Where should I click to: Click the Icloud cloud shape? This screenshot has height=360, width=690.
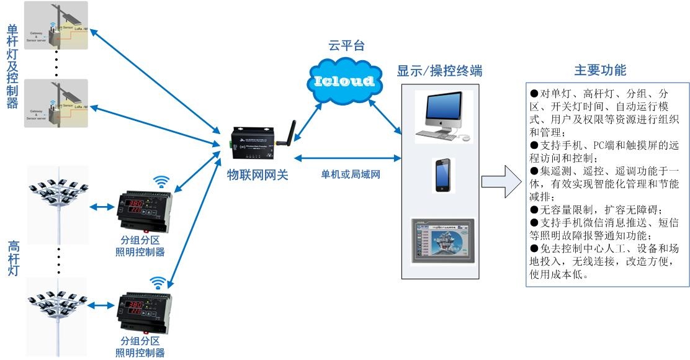click(344, 80)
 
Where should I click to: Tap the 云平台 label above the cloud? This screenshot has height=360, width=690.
click(346, 46)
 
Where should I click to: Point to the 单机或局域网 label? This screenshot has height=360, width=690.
click(350, 174)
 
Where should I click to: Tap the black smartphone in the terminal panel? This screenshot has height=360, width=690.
click(443, 175)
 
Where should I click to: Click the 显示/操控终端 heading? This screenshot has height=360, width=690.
click(439, 71)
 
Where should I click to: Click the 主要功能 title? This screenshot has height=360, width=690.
click(599, 70)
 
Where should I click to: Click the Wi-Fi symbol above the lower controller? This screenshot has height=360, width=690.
click(160, 283)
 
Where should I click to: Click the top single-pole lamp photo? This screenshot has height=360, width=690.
click(56, 25)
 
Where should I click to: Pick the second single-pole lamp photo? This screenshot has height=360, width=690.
click(56, 103)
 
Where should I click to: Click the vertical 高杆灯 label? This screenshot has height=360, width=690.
click(14, 266)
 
